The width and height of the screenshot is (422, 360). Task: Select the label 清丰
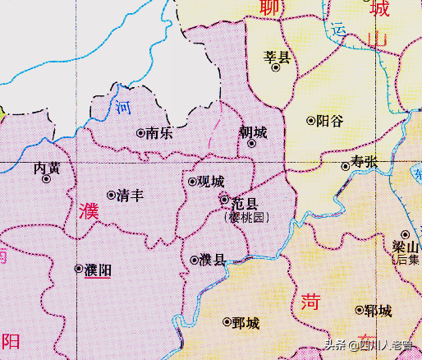coord(130,196)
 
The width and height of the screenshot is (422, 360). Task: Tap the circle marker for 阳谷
coord(310,120)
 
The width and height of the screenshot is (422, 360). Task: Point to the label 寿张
coord(365,162)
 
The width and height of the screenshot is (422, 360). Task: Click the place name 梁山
coord(405,247)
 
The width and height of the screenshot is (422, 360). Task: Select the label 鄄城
coord(246,322)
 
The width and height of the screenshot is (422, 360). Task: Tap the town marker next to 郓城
coord(359,310)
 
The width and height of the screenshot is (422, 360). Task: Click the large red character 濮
coord(89,211)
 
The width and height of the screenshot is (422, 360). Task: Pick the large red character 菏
coord(310,302)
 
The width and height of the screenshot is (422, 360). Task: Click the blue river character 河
coord(123,107)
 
